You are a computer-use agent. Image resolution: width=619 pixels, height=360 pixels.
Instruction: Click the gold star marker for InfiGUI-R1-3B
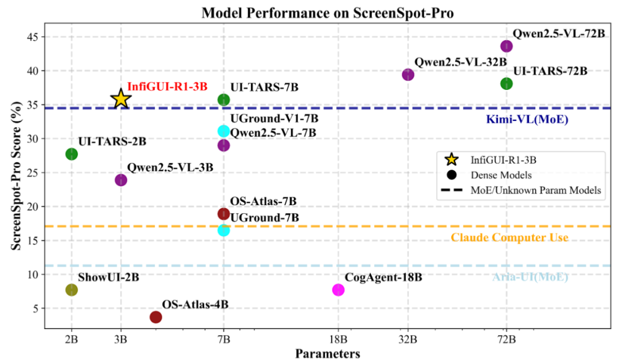tap(120, 99)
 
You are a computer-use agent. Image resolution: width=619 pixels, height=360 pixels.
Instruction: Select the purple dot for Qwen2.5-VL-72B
tap(507, 46)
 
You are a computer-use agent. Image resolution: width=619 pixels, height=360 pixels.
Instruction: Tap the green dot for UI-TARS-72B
tap(507, 84)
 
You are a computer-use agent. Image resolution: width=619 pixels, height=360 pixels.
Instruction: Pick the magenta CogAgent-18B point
tap(338, 289)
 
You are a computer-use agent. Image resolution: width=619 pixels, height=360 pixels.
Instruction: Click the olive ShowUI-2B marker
tap(72, 289)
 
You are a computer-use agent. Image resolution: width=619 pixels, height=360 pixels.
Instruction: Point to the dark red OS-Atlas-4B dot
tap(155, 317)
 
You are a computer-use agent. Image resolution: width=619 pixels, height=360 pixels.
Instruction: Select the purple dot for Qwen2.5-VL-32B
tap(408, 75)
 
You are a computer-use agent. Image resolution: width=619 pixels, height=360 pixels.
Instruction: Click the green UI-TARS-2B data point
tap(72, 154)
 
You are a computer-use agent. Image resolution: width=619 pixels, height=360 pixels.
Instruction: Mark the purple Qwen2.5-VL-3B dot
tap(120, 180)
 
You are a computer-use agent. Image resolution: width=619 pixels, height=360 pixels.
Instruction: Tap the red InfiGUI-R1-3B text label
tap(167, 86)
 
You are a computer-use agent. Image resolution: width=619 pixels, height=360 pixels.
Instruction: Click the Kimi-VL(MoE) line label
tap(518, 120)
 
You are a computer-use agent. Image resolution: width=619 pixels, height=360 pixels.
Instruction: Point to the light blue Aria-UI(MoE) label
tap(530, 277)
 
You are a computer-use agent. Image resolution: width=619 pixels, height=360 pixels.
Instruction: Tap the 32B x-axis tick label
tap(408, 338)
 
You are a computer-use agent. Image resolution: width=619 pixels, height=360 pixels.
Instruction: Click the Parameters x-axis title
tap(327, 353)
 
